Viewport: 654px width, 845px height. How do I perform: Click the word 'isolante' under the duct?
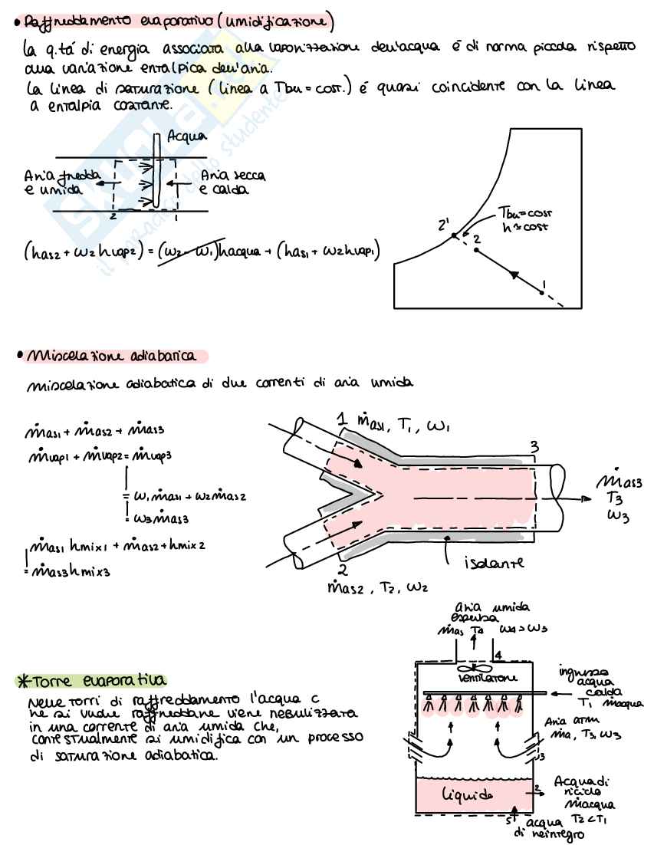click(x=495, y=564)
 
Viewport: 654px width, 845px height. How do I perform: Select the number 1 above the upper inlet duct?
click(x=341, y=420)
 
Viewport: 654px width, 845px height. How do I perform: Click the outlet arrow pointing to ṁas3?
click(x=575, y=498)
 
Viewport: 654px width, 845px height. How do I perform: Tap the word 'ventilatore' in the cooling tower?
click(x=470, y=679)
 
